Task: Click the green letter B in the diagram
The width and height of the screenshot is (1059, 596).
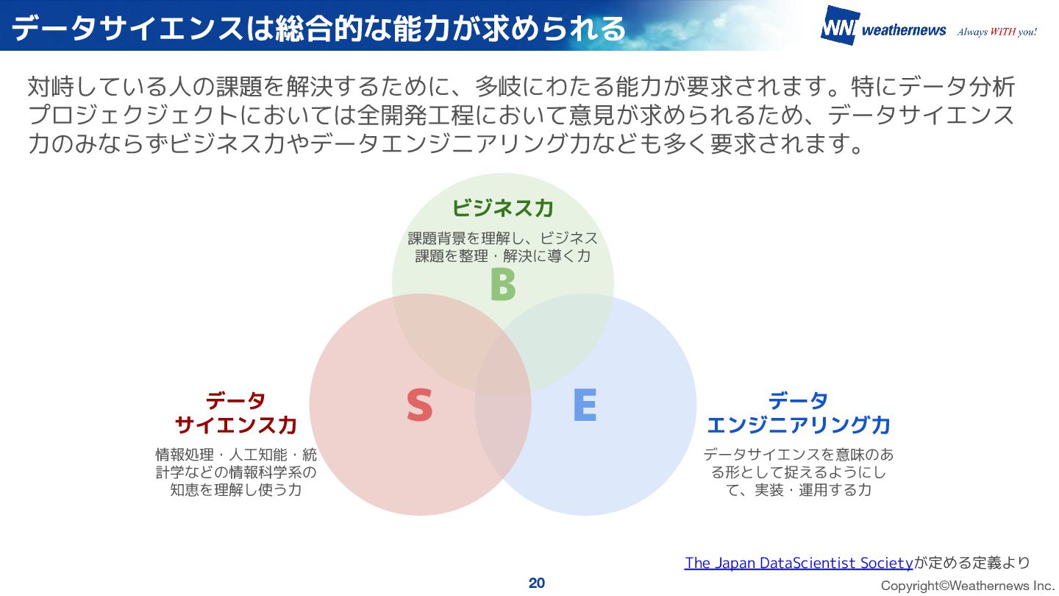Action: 503,285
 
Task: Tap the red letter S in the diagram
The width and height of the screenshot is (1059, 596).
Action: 420,405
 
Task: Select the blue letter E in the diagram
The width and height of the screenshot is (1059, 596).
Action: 585,405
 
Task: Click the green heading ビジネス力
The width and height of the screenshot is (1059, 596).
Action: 503,208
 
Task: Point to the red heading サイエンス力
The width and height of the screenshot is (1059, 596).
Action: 236,425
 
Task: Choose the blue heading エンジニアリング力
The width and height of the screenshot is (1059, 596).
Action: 799,425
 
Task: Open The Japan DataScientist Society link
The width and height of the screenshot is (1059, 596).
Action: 799,563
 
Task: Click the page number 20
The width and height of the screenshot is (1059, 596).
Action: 537,583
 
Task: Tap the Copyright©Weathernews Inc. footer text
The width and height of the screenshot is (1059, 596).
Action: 968,586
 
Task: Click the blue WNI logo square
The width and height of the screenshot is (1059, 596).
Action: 839,26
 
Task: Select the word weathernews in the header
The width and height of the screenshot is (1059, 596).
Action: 904,30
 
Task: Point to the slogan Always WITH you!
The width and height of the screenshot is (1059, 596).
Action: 996,32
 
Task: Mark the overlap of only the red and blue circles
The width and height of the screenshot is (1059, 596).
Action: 503,441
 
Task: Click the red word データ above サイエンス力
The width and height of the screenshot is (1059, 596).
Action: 236,401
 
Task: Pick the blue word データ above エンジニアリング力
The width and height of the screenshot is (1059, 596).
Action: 799,401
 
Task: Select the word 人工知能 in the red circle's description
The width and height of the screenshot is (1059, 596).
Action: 257,455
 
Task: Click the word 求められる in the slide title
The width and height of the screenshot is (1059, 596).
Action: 544,28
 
